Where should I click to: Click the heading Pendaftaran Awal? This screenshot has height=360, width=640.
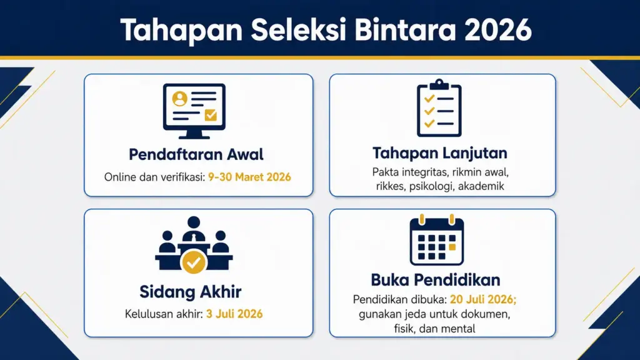click(x=196, y=154)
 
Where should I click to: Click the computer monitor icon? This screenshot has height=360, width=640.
click(x=194, y=111)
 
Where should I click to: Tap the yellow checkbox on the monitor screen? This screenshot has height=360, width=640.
click(x=211, y=114)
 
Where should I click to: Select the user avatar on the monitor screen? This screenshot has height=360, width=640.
click(x=180, y=98)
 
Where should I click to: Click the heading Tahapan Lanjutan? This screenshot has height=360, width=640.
click(x=439, y=153)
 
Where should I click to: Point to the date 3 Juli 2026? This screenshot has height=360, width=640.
click(x=234, y=313)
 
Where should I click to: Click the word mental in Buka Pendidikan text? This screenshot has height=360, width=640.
click(x=459, y=327)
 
